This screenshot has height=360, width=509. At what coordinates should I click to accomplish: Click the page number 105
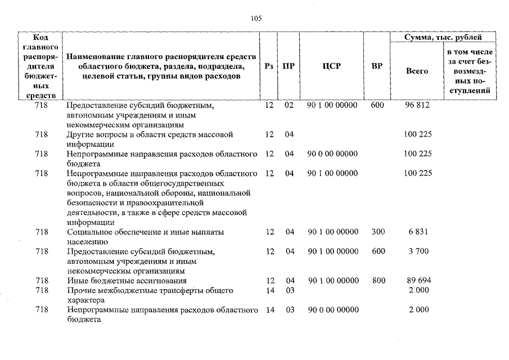[x=256, y=18]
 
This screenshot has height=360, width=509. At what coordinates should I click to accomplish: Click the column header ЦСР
[x=332, y=66]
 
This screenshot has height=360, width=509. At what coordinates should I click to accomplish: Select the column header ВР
[x=377, y=66]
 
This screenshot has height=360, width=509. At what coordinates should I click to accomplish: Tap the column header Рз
[x=269, y=66]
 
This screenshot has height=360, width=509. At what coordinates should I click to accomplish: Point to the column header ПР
[x=289, y=66]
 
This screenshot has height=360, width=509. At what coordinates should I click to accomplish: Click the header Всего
[x=417, y=71]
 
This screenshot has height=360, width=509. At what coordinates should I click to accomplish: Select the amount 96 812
[x=417, y=105]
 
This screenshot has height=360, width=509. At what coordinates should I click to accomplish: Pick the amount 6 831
[x=417, y=232]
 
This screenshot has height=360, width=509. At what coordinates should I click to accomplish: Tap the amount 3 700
[x=417, y=251]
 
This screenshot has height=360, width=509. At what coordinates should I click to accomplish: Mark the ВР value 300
[x=378, y=232]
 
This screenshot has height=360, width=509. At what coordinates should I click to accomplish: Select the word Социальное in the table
[x=89, y=232]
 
